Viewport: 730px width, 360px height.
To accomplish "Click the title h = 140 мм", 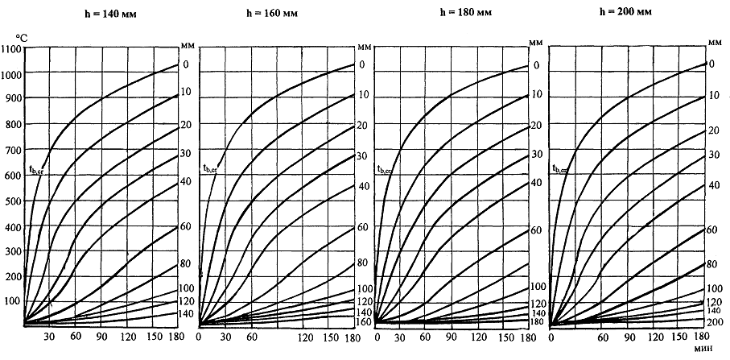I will coord(106,13).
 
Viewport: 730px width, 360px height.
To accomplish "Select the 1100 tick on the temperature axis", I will coord(12,50).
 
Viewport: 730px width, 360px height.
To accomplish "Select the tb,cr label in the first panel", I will coord(36,171).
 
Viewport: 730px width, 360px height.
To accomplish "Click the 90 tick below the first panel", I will coord(101,337).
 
